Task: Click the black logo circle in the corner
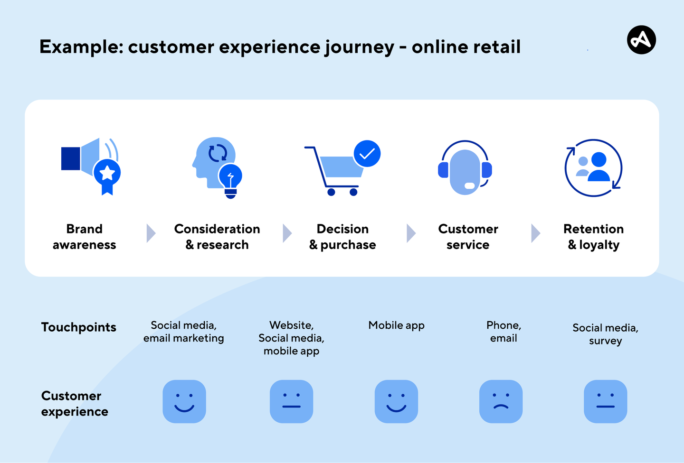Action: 641,40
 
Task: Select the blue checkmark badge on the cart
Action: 367,154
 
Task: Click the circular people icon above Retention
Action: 593,168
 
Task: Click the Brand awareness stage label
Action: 85,237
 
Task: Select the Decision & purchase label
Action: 342,237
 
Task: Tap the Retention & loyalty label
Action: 593,237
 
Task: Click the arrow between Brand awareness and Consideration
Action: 151,233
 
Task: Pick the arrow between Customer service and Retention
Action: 535,233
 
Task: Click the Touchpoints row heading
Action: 79,327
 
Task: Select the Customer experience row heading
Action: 75,404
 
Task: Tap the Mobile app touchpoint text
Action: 396,325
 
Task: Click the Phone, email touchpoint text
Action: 503,332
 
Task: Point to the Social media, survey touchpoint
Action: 605,334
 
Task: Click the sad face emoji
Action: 501,401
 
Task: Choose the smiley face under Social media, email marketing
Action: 184,401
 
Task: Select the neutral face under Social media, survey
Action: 605,401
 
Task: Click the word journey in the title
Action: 360,47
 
